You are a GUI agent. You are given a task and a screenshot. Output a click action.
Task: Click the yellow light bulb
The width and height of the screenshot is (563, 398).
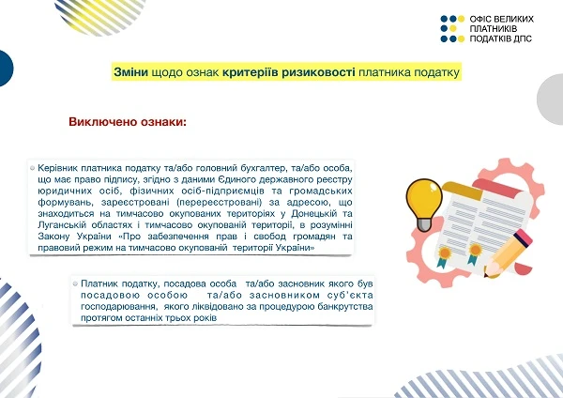(x=423, y=196)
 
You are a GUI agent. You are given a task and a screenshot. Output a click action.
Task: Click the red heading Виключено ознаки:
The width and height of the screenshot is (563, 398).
(x=127, y=123)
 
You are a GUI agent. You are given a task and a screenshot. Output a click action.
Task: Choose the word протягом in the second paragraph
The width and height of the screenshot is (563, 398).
(x=102, y=319)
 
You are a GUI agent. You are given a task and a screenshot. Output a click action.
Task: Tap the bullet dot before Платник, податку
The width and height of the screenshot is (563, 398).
(x=75, y=283)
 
